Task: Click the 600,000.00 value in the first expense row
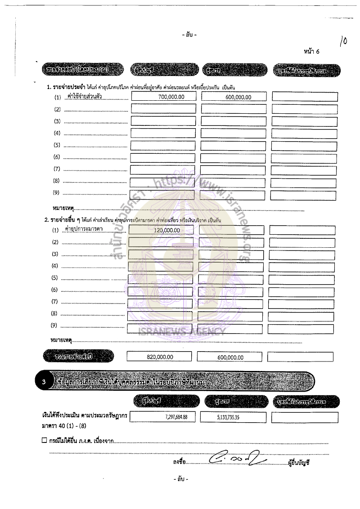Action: [x=238, y=97]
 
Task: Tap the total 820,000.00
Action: [x=160, y=357]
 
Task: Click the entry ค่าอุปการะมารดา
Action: [x=84, y=229]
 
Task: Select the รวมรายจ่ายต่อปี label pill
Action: [x=78, y=356]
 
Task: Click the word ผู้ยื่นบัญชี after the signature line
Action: [x=299, y=461]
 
